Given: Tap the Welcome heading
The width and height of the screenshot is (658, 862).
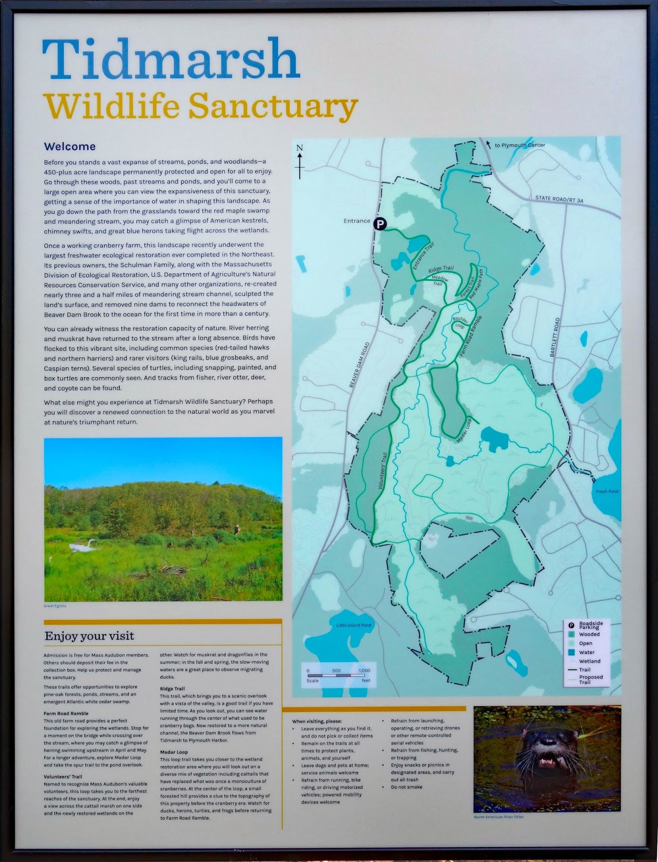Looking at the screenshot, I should tap(70, 147).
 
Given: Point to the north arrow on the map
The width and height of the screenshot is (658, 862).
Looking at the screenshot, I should tap(300, 161).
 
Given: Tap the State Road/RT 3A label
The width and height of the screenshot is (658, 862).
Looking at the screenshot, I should tap(559, 199).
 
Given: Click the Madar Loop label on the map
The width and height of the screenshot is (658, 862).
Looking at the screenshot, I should tap(464, 430).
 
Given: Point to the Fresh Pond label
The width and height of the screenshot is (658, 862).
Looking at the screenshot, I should tap(607, 491).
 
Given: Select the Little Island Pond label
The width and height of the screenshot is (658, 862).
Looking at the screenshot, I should tap(354, 625).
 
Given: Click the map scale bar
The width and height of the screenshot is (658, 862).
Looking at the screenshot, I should tap(336, 675).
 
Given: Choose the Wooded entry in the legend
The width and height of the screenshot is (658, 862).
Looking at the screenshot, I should tap(589, 635).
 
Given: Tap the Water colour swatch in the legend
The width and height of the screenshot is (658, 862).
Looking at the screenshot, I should tap(571, 652).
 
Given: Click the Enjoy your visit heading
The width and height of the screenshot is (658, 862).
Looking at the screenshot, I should tap(90, 636).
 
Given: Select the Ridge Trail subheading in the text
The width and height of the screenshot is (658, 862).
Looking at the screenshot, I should tap(172, 689).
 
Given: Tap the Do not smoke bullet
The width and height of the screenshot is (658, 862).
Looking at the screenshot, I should tap(406, 787).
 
